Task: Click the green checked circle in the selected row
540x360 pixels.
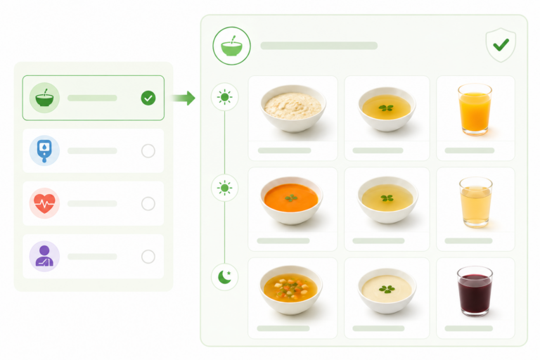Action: point(148,98)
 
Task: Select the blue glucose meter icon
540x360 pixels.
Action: point(44,150)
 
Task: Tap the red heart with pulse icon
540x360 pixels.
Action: point(44,204)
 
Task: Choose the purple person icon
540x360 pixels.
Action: point(44,257)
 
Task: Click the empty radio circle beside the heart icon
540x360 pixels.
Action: point(148,204)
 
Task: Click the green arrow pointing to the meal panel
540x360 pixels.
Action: point(184,98)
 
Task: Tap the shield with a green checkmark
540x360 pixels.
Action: point(500,46)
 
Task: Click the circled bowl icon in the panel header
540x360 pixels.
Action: point(231,46)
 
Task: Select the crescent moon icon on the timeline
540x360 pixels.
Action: point(225,278)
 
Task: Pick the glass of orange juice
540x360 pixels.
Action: point(475,109)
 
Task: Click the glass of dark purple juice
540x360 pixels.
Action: point(475,290)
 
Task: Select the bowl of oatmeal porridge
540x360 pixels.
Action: point(292,108)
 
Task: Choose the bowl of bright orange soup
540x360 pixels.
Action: point(292,200)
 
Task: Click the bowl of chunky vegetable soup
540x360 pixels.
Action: point(292,289)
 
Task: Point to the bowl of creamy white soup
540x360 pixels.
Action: point(386,289)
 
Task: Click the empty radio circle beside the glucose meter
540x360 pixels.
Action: point(148,150)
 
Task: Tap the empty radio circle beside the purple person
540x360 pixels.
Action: point(148,257)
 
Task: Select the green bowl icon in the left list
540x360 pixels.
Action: point(44,98)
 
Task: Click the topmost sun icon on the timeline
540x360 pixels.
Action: point(225,97)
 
